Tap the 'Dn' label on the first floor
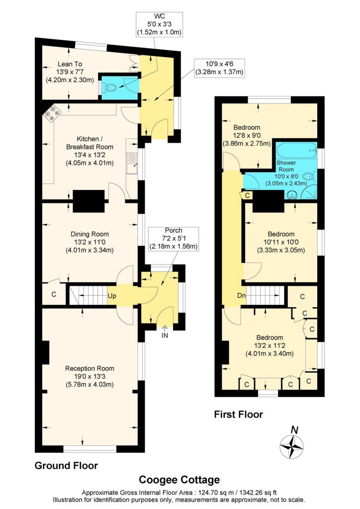click(x=242, y=295)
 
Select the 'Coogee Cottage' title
click(x=180, y=480)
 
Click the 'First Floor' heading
click(x=238, y=414)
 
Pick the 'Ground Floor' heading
click(x=66, y=466)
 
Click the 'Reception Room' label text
click(x=90, y=368)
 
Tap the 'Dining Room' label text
click(x=90, y=234)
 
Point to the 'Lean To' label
click(x=70, y=64)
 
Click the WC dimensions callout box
click(x=159, y=25)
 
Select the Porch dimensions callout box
click(x=173, y=239)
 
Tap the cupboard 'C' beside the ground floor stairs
click(x=54, y=293)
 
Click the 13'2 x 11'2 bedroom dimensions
click(x=269, y=350)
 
